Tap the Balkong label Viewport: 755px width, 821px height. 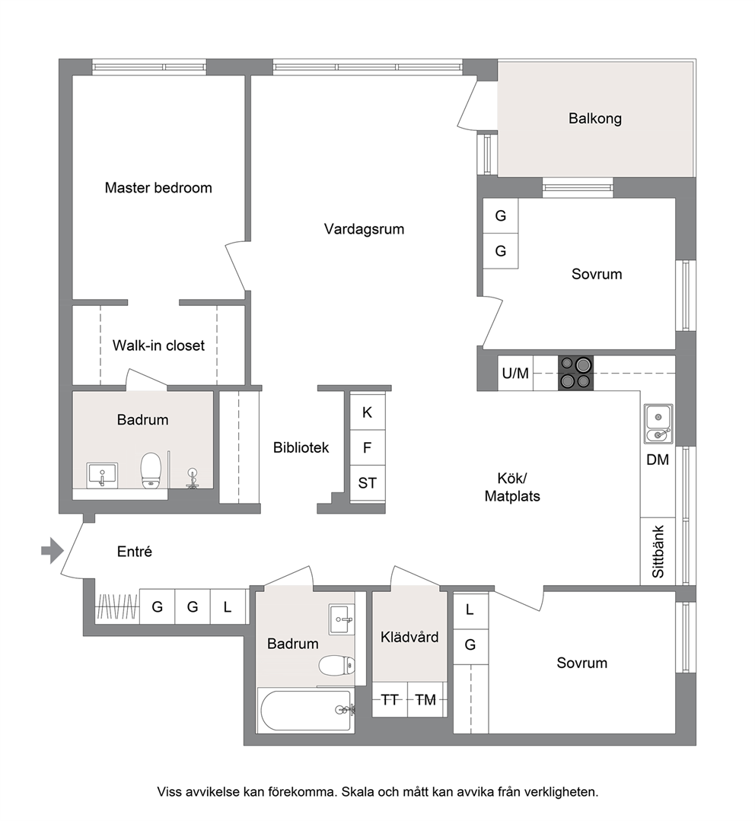click(594, 119)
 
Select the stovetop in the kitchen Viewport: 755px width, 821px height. click(576, 373)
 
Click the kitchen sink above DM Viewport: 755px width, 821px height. click(658, 424)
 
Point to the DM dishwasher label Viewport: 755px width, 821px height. click(658, 460)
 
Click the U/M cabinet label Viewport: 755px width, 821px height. click(515, 374)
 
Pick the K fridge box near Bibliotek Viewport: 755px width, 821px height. click(367, 412)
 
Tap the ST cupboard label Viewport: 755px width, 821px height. click(367, 482)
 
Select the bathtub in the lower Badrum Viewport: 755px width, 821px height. click(305, 711)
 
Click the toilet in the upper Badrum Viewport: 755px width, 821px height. click(150, 471)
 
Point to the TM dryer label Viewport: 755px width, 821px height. click(425, 699)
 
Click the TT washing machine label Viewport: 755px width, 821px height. click(390, 699)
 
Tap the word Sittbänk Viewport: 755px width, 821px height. click(658, 552)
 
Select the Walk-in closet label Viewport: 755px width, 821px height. click(158, 345)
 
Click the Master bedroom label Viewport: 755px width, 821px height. click(158, 187)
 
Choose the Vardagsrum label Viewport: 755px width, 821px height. click(364, 229)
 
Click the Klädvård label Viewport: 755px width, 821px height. click(409, 637)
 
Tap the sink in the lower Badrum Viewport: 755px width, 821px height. click(341, 619)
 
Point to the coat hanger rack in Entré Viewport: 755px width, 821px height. click(116, 607)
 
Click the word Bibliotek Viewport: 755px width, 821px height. click(301, 447)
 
